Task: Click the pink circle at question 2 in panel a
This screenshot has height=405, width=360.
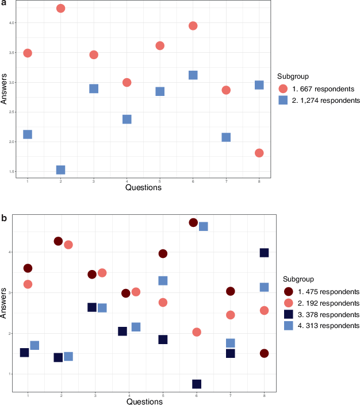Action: (x=60, y=9)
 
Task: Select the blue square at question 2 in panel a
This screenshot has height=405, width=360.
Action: (x=60, y=169)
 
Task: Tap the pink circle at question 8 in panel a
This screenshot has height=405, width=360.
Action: (x=259, y=153)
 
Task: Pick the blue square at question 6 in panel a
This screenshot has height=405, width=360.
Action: (x=193, y=75)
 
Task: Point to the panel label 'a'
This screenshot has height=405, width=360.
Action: (x=3, y=3)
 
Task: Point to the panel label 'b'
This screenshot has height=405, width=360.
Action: (x=4, y=218)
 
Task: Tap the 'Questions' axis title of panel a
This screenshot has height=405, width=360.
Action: (x=143, y=187)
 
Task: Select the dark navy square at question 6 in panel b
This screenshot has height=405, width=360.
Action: (x=197, y=384)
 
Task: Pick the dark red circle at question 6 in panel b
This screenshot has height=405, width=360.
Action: (x=193, y=222)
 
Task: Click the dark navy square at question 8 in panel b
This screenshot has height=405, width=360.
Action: (x=265, y=253)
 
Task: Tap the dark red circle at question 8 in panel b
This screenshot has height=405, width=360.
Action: (x=265, y=353)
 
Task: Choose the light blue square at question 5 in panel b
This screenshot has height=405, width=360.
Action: (x=163, y=280)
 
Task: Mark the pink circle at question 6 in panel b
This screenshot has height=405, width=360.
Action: (x=197, y=332)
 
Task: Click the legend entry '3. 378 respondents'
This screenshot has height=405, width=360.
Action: (x=318, y=314)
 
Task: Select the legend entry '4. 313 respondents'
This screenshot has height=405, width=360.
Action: (x=318, y=326)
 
